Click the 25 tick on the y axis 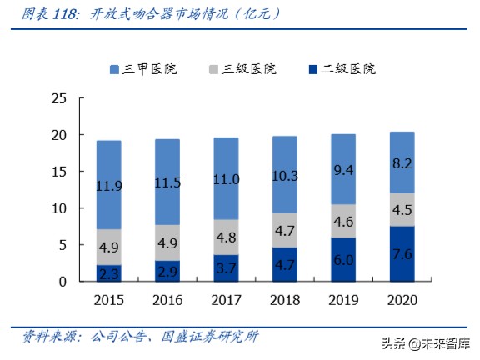[58, 98]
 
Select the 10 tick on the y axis [58, 208]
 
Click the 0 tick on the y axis [62, 282]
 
